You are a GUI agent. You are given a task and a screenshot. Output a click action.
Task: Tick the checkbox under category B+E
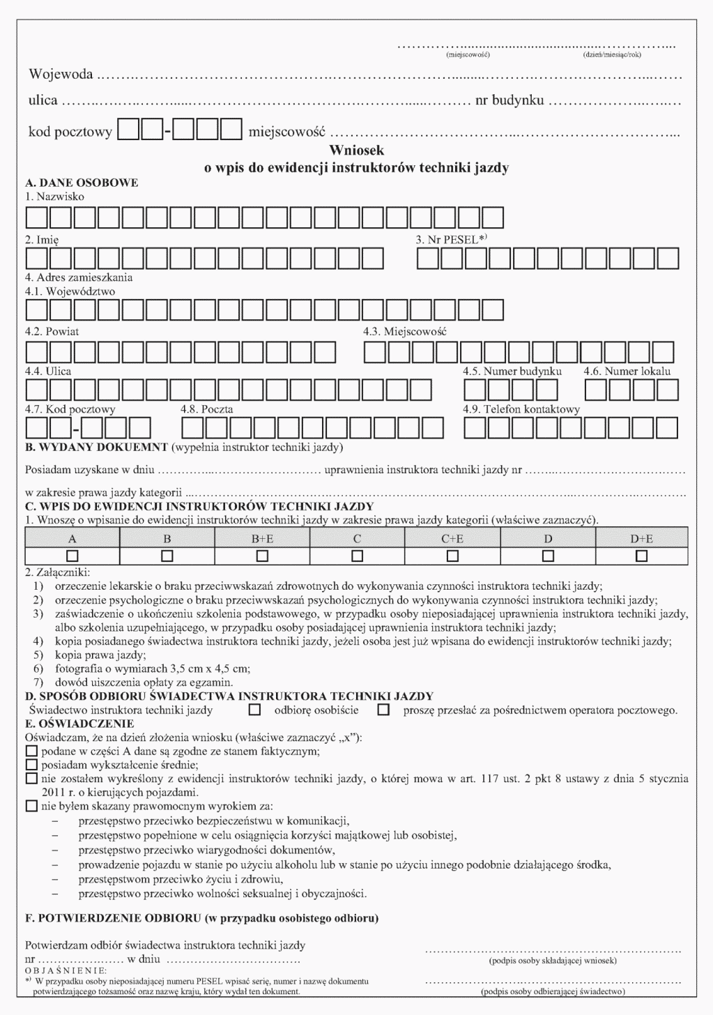tap(262, 556)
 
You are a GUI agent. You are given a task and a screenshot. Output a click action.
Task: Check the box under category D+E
tap(641, 556)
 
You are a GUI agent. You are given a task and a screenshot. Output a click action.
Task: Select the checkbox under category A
tap(72, 556)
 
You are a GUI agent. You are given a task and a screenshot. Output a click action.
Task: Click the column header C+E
tap(452, 538)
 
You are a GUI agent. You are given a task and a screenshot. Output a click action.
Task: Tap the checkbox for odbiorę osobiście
tap(255, 710)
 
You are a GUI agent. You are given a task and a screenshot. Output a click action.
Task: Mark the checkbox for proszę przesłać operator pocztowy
tap(383, 710)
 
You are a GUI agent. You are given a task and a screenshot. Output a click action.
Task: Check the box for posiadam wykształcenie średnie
tap(31, 764)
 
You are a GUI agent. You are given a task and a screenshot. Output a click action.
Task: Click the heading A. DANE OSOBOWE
tap(82, 183)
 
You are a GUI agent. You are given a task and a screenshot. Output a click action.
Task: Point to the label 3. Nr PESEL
tap(451, 239)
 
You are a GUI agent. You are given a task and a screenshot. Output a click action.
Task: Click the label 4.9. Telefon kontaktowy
tap(521, 409)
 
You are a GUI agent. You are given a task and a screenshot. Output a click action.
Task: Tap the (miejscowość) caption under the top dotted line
tap(468, 54)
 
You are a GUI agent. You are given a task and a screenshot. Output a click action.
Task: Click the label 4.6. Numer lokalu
tap(627, 371)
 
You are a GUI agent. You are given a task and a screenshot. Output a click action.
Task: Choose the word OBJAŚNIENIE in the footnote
tap(66, 970)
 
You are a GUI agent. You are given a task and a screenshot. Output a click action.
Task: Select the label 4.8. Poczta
tap(206, 409)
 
